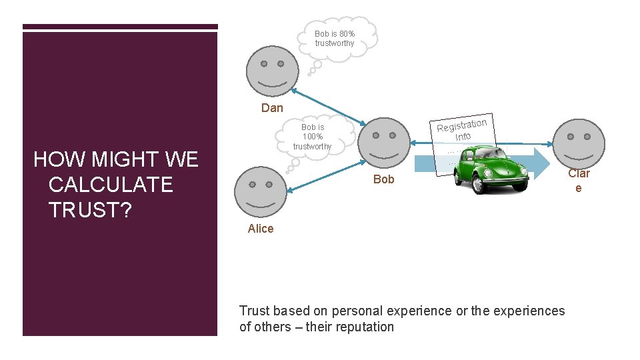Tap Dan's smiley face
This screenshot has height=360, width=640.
pos(272,71)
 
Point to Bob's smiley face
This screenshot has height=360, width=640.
pos(384,144)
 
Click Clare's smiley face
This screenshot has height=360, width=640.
pos(579,144)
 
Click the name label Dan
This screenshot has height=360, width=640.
pos(272,108)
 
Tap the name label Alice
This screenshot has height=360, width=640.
pos(261,229)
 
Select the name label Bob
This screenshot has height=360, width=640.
pos(384,179)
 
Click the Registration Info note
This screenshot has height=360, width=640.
pos(463,129)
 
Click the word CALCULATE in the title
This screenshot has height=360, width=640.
pos(111,184)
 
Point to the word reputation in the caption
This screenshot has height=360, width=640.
pos(367,327)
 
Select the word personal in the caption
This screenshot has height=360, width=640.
pos(359,311)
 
